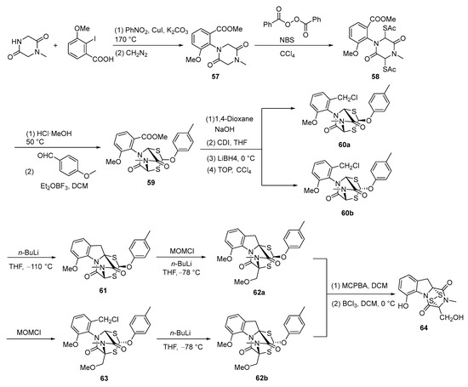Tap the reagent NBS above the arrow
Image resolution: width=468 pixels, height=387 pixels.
(322, 39)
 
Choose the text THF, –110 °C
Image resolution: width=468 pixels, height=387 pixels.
(34, 266)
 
